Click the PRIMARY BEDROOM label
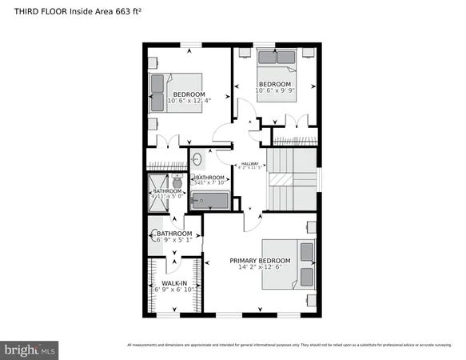(x=260, y=261)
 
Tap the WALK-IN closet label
(x=173, y=282)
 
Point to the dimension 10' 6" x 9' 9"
(x=275, y=90)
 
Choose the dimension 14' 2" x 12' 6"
(x=261, y=268)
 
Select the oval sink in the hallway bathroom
(x=197, y=158)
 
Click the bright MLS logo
(x=30, y=350)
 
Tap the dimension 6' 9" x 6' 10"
(x=173, y=290)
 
